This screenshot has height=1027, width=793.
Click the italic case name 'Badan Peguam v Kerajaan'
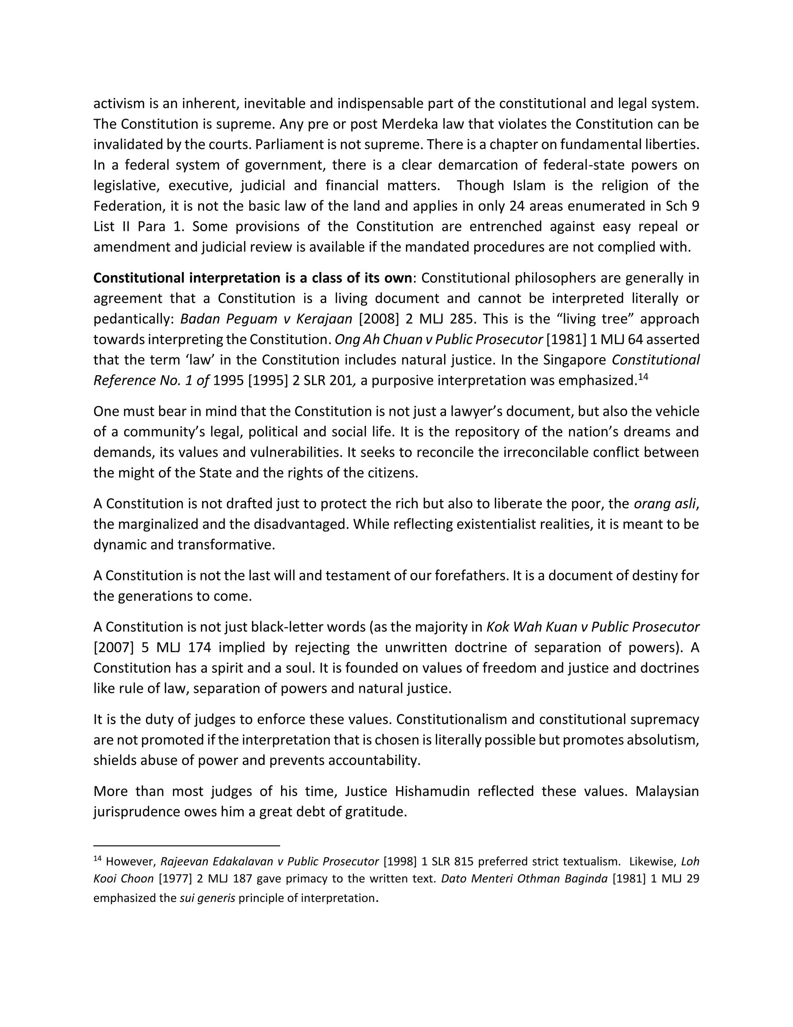[x=266, y=319]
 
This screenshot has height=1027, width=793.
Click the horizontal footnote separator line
[x=187, y=846]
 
